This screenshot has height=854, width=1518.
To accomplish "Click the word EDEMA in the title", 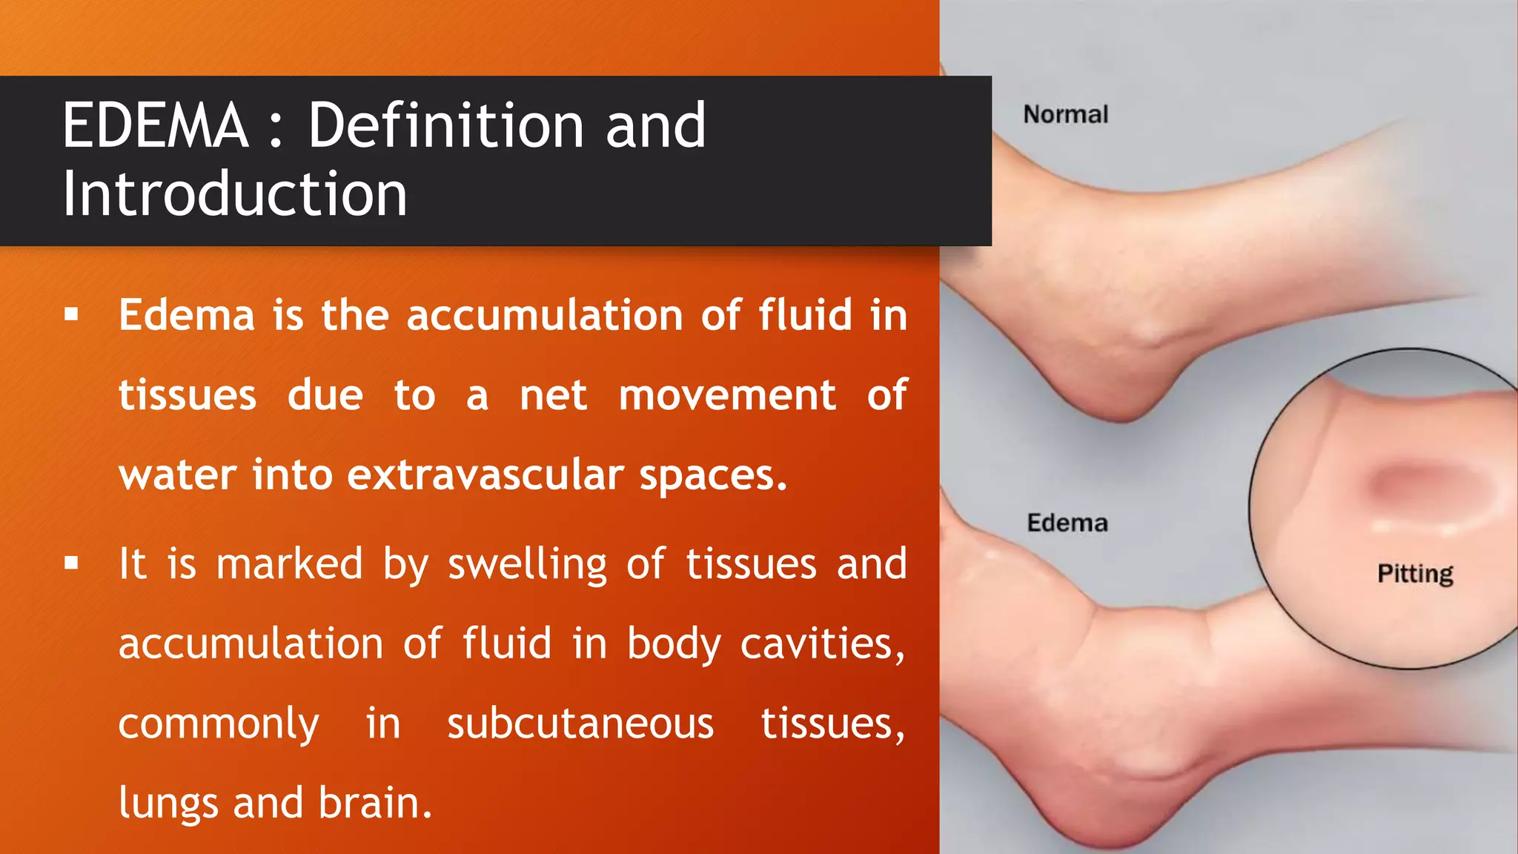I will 155,126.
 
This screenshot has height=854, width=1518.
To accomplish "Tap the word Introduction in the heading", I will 234,194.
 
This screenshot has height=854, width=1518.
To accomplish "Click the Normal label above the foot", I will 1065,114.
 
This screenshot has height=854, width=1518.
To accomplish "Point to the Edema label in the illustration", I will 1067,523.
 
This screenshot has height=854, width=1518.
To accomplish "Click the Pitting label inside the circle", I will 1415,574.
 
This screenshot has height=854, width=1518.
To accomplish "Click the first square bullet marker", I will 71,315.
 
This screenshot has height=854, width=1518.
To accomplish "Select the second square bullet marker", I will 71,563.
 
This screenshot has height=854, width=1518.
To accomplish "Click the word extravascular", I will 485,474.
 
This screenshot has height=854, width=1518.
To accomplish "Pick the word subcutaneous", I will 580,724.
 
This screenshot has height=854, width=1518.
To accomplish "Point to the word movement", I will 727,395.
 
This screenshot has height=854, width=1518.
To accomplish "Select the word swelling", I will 527,565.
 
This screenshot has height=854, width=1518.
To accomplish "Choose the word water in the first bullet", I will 176,474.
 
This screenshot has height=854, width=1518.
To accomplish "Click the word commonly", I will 219,725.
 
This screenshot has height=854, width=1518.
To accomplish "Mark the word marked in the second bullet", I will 289,563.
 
